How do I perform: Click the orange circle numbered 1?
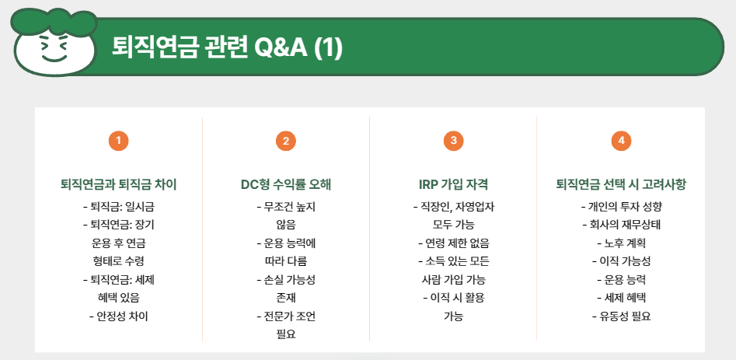pyautogui.click(x=118, y=141)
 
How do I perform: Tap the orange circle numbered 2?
pyautogui.click(x=286, y=141)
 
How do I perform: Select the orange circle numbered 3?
pyautogui.click(x=453, y=141)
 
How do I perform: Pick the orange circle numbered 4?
pyautogui.click(x=620, y=141)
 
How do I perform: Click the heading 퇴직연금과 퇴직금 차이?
pyautogui.click(x=118, y=185)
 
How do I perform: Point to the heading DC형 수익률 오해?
pyautogui.click(x=286, y=185)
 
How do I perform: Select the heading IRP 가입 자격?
pyautogui.click(x=453, y=185)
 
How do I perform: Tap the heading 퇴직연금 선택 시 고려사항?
pyautogui.click(x=620, y=185)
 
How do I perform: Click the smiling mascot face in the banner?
pyautogui.click(x=52, y=46)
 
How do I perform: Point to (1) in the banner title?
pyautogui.click(x=328, y=48)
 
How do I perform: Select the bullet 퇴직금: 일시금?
pyautogui.click(x=118, y=208)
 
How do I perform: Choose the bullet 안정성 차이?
pyautogui.click(x=118, y=316)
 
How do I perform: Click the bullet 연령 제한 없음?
pyautogui.click(x=453, y=243)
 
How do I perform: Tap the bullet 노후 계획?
pyautogui.click(x=620, y=243)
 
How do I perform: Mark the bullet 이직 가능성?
pyautogui.click(x=620, y=261)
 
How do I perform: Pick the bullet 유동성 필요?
pyautogui.click(x=620, y=316)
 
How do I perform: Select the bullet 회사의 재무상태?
pyautogui.click(x=620, y=225)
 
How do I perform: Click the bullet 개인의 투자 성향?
pyautogui.click(x=620, y=208)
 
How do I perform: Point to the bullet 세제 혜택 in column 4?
pyautogui.click(x=620, y=298)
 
